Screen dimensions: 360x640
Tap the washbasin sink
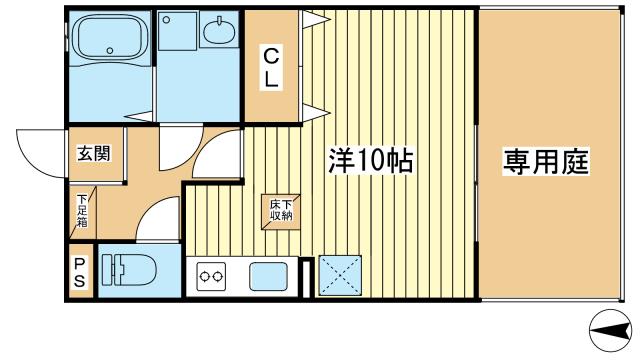point(219,33)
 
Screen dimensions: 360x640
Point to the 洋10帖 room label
point(371,161)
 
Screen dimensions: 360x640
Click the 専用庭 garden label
point(545,160)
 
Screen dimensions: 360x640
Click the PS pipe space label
point(80,272)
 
